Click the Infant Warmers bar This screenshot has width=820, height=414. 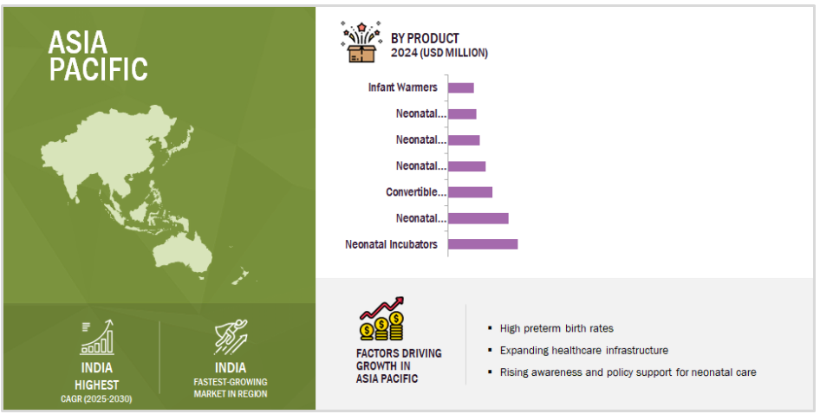click(461, 87)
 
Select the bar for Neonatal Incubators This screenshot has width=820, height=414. click(483, 244)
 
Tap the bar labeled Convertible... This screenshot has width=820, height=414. click(471, 191)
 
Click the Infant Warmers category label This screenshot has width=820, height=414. click(403, 87)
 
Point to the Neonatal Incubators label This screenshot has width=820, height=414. click(391, 244)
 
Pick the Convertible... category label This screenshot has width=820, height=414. click(416, 191)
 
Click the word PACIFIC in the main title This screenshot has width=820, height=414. click(99, 69)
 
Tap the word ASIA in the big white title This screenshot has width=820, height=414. click(78, 42)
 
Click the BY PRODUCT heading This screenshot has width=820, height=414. click(425, 39)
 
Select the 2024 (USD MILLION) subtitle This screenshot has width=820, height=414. click(439, 53)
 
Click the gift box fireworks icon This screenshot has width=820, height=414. click(361, 42)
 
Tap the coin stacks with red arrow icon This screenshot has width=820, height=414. click(381, 319)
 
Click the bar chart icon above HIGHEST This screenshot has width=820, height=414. click(97, 338)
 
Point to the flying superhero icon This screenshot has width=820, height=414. click(231, 337)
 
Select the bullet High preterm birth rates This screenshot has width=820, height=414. click(556, 328)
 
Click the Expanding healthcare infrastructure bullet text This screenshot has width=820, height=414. click(584, 350)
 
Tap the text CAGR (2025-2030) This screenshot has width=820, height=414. click(97, 398)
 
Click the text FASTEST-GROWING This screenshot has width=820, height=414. click(231, 382)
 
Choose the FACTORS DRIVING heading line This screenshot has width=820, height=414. click(399, 353)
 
